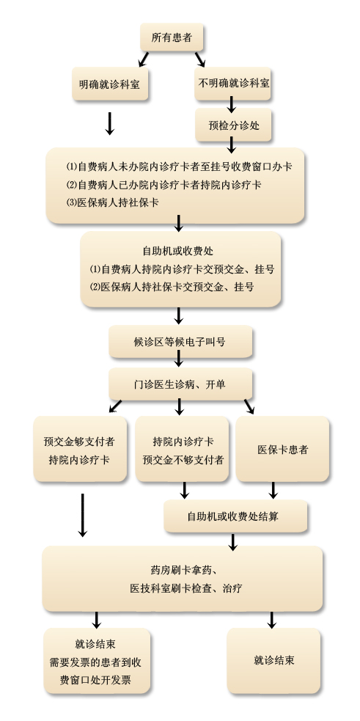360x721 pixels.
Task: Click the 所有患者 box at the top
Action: (x=172, y=37)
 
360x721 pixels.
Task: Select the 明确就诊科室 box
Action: (x=110, y=84)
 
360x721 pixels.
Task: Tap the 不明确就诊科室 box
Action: (x=234, y=84)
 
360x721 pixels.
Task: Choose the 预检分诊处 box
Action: (x=234, y=125)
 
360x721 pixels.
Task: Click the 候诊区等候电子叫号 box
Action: (x=180, y=341)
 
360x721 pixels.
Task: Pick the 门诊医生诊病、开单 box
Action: (x=180, y=384)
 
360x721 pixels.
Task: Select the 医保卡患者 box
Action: (x=282, y=450)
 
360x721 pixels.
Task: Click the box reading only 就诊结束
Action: (x=274, y=660)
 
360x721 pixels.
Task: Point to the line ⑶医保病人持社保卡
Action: (x=113, y=202)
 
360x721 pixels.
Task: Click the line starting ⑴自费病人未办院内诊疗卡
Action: (x=179, y=167)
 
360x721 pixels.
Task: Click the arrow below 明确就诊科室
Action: (x=109, y=122)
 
